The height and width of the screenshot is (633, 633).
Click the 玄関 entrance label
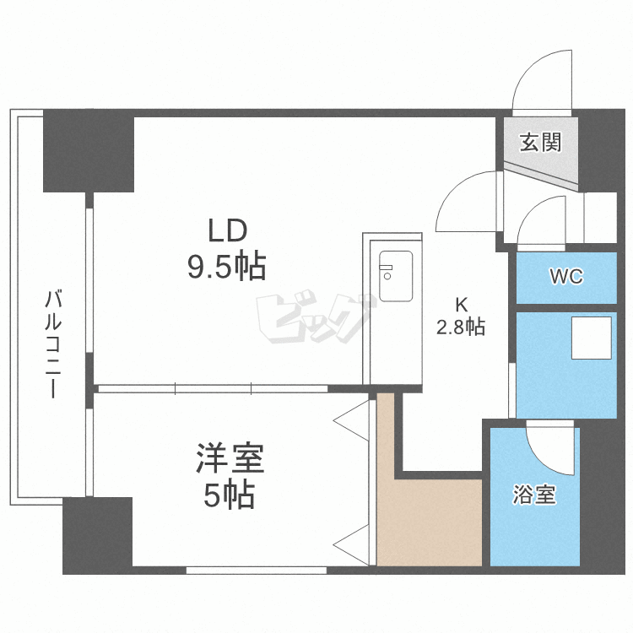[540, 143]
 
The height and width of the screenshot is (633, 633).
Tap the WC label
[565, 277]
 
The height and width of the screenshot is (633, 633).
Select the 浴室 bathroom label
[533, 495]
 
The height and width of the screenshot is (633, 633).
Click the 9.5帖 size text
[226, 267]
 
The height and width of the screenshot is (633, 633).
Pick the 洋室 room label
[230, 460]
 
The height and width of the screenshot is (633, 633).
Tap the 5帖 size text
[229, 496]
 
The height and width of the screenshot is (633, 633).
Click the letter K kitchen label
[460, 305]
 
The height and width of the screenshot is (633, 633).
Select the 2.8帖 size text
[460, 327]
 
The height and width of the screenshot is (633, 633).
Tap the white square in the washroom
[591, 338]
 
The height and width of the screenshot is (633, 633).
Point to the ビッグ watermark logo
[314, 319]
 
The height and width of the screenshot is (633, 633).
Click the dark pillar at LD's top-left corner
[89, 150]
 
